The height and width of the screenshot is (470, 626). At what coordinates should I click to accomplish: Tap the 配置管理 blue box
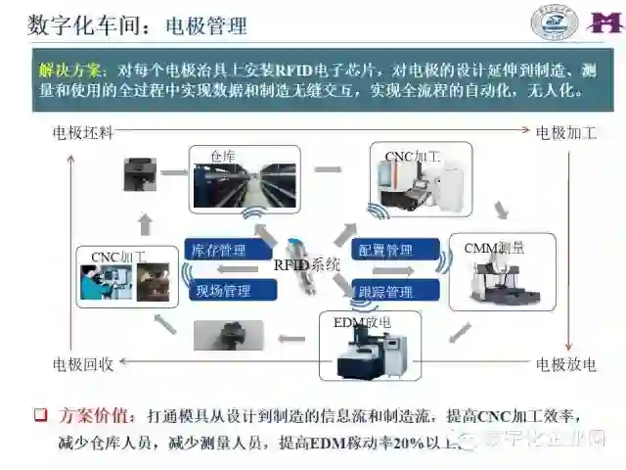387,251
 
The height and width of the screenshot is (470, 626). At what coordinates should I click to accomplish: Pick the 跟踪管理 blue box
387,291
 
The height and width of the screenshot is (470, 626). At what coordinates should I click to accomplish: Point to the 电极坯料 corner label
83,130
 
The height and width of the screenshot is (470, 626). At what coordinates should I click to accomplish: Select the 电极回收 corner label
83,364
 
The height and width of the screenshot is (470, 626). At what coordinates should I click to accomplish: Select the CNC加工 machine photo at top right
420,180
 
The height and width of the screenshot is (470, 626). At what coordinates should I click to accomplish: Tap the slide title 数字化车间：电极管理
138,24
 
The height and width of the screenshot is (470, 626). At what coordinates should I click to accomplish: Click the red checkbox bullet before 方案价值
41,415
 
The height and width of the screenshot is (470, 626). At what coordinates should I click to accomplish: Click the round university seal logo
555,23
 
